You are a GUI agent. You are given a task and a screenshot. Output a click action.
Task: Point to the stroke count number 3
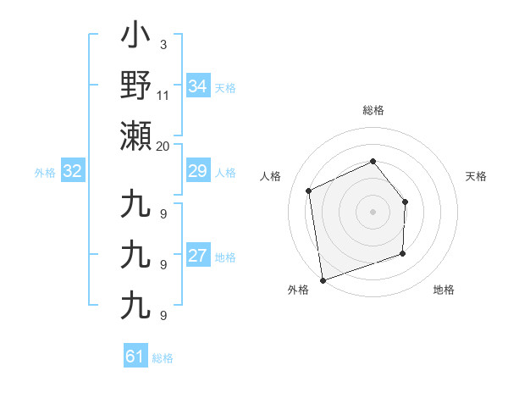(163, 44)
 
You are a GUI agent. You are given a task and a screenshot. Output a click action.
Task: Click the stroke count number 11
(163, 94)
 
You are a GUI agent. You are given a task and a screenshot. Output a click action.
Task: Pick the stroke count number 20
(163, 146)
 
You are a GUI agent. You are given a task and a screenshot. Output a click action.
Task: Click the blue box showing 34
(197, 86)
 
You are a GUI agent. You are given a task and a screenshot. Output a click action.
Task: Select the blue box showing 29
(197, 172)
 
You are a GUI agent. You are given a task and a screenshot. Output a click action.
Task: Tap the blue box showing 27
(197, 257)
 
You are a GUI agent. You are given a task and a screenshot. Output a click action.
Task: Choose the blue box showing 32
(72, 172)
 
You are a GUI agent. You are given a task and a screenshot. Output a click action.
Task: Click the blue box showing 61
(135, 357)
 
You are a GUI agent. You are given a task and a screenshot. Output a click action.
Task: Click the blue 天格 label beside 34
(224, 87)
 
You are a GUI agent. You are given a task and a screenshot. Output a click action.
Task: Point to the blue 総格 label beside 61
(163, 357)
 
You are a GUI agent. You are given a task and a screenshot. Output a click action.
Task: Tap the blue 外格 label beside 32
(45, 173)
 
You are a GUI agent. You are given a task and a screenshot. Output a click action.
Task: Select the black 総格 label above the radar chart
(373, 110)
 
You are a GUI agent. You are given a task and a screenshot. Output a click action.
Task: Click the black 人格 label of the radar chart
(271, 176)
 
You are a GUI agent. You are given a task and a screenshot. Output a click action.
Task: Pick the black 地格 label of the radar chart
(444, 290)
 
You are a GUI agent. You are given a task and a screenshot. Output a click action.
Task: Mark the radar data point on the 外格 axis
(323, 279)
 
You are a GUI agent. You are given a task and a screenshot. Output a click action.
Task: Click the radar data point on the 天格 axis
(405, 202)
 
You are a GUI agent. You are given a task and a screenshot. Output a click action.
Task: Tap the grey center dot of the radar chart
(373, 212)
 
